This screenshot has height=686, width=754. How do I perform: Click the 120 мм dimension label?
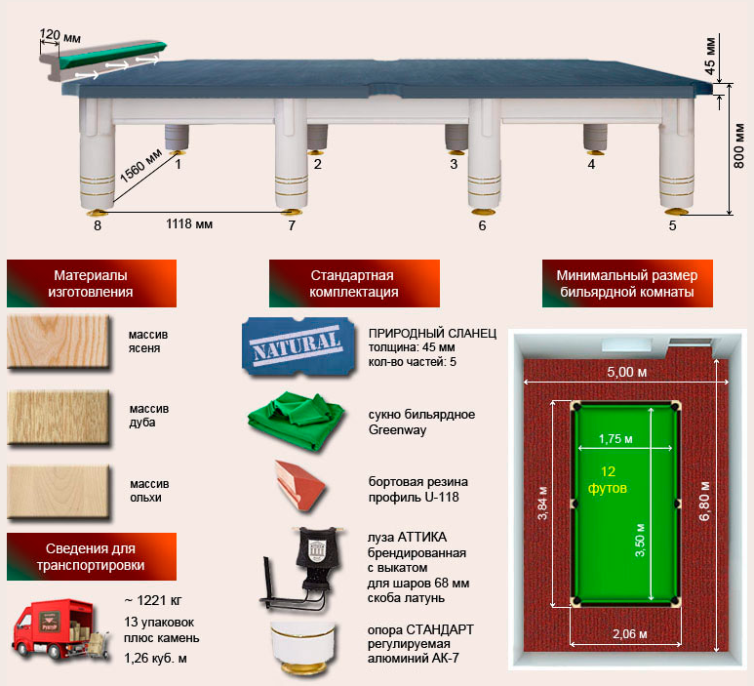coord(60,35)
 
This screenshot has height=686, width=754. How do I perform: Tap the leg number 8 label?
coord(98,225)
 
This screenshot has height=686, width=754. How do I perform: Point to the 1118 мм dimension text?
coord(189,223)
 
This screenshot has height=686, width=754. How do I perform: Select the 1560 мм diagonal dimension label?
coord(140,167)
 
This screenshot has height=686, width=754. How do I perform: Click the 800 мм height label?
coord(739,145)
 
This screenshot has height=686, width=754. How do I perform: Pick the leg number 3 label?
coord(454,164)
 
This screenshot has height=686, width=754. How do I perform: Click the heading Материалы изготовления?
coord(91,283)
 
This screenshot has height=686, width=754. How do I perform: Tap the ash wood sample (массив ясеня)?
coord(59,342)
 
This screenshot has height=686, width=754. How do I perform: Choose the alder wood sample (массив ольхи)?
coord(59,491)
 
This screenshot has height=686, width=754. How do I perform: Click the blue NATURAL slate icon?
coord(298,344)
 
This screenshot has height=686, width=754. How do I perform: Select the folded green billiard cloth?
coord(297,421)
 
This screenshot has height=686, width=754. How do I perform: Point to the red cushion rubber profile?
coord(300,485)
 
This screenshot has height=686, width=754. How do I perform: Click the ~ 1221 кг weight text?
coord(153,600)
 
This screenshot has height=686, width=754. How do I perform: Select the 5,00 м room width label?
coord(626,372)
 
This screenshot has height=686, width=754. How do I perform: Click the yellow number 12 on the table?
coord(608,471)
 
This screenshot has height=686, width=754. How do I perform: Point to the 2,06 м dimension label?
coord(629,634)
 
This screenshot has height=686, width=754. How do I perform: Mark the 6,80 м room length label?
coord(704,501)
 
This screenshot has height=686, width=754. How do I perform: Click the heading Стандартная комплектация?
coord(354,283)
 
